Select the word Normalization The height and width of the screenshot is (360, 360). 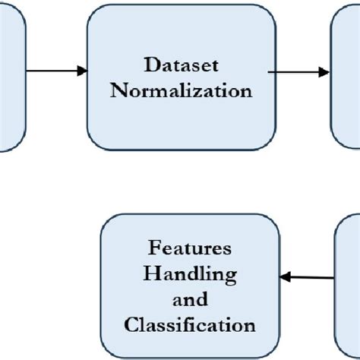click(181, 90)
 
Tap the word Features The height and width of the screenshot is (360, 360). click(190, 248)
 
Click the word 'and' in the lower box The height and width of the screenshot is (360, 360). click(190, 299)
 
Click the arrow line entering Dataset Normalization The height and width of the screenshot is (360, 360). click(53, 71)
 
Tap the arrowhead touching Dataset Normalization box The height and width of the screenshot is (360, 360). click(82, 71)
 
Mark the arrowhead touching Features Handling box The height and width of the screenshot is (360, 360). click(287, 278)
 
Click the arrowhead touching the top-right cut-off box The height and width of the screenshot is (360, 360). click(324, 73)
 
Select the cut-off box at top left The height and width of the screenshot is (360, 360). click(11, 76)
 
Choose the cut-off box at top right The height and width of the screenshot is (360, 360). click(346, 76)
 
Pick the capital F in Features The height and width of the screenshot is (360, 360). click(153, 248)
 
